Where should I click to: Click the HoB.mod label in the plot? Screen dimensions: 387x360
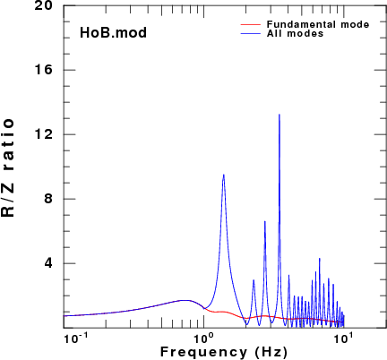(x=113, y=32)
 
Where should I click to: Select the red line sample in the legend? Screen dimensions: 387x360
(x=251, y=24)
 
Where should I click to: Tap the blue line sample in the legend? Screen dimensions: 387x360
(x=251, y=33)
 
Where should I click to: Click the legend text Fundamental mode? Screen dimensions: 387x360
(x=318, y=24)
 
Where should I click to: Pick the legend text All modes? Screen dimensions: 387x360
(x=295, y=33)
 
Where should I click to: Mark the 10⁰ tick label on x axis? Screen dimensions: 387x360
(x=204, y=339)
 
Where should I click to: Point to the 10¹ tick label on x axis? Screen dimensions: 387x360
(x=343, y=339)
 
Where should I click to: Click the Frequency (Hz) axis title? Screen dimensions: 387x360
(x=224, y=352)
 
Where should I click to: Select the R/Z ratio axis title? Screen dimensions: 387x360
(x=8, y=168)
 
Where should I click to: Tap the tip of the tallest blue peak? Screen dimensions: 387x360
(x=279, y=115)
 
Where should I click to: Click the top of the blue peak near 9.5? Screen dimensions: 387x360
(x=223, y=175)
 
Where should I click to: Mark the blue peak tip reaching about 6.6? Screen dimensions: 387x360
(x=264, y=221)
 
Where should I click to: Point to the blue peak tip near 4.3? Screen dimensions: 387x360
(x=319, y=259)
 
